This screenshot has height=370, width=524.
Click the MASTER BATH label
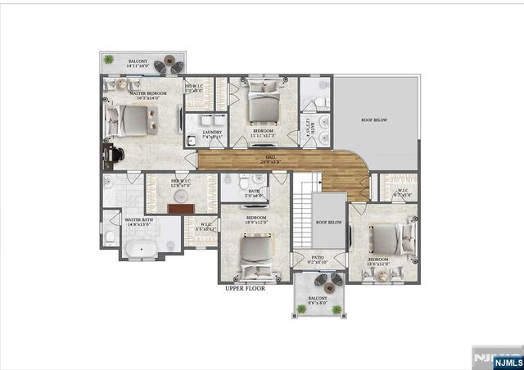[x=138, y=221]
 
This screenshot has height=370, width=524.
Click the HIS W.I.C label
[x=194, y=88]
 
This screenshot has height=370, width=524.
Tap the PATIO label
[x=318, y=259]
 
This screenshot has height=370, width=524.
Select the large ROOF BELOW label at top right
[x=374, y=120]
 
